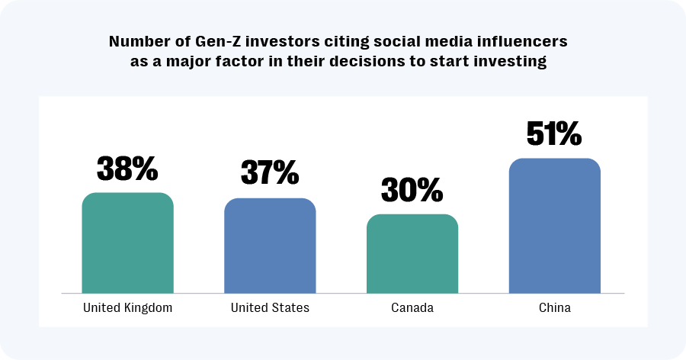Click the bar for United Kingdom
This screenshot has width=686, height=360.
tap(127, 243)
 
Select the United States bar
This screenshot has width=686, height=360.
tap(270, 246)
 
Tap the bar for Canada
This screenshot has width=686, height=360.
tap(412, 253)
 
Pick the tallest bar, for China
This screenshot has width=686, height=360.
tap(554, 226)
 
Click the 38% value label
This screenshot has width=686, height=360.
tap(127, 168)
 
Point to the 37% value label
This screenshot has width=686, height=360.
tap(270, 173)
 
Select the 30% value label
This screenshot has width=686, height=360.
tap(412, 190)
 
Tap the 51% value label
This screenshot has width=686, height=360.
tap(554, 133)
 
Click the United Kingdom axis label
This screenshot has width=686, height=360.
tap(127, 308)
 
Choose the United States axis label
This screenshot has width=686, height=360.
tap(270, 308)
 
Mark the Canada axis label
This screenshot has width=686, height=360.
tap(412, 308)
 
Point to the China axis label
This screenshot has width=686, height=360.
tap(554, 308)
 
